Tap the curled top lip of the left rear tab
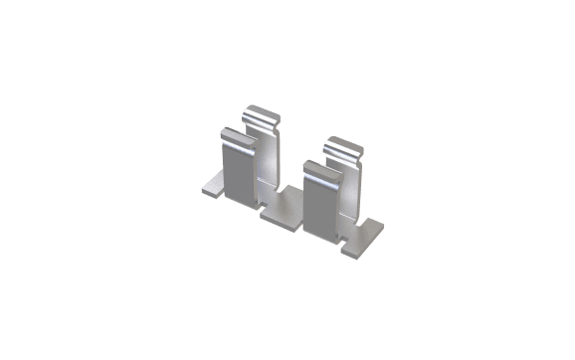265,118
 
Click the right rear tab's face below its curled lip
350,189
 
